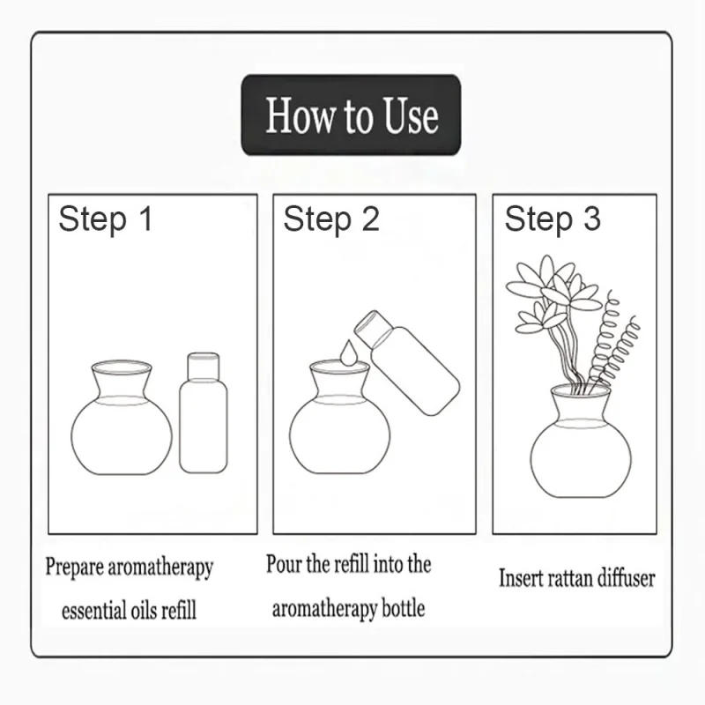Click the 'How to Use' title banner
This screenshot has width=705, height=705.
(351, 115)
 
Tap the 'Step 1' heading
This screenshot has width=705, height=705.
(106, 219)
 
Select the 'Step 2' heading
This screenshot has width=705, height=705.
(330, 219)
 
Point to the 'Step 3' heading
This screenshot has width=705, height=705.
(553, 219)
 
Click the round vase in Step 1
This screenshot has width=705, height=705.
(122, 427)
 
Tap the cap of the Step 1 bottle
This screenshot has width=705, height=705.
(204, 364)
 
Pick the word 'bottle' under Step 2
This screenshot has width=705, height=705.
(401, 608)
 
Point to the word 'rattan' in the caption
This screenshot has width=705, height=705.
(570, 579)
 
